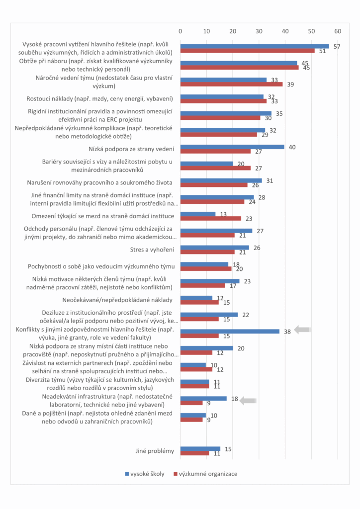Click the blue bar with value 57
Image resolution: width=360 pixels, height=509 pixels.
254,46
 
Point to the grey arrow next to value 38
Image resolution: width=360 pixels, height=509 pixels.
302,329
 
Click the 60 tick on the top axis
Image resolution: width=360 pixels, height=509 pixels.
338,31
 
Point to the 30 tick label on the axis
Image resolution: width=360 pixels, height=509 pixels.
259,31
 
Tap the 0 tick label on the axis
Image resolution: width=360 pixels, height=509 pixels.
180,31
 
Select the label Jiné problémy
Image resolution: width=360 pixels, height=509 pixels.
155,451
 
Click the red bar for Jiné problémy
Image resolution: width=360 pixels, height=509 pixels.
194,453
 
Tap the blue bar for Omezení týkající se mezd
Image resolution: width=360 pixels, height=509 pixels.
197,214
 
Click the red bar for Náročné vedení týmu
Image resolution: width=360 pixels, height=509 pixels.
231,84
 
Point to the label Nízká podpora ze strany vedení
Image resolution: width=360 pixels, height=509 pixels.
131,149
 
